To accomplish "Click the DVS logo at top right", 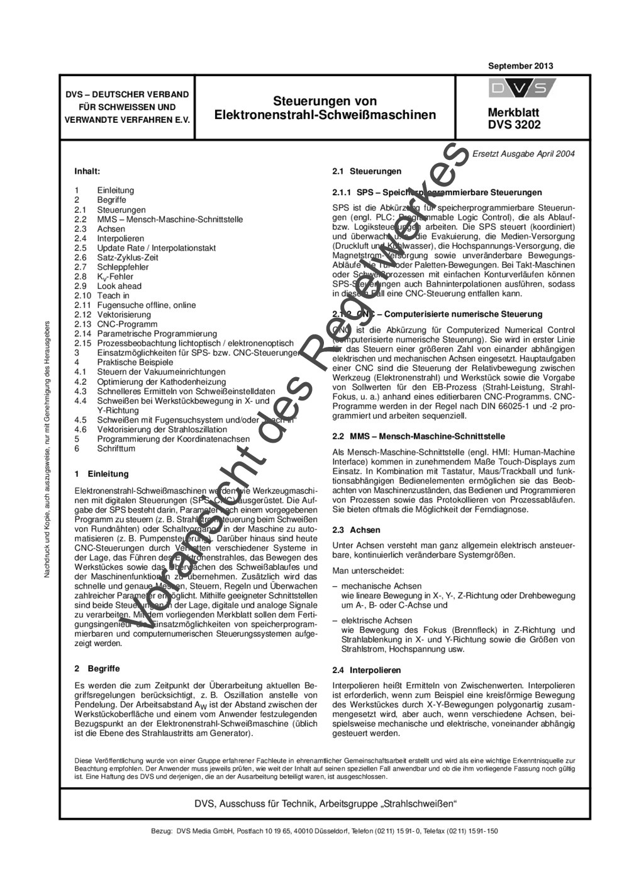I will (x=522, y=88).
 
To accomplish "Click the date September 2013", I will (x=520, y=66).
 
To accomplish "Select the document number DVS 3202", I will (x=514, y=125).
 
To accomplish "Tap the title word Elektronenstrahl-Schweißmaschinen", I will (x=325, y=115).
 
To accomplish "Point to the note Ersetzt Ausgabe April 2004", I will (x=523, y=154).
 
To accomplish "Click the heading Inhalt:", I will (x=87, y=171).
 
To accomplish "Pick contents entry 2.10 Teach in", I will (x=102, y=295).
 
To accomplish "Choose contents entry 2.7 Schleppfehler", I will (x=111, y=267).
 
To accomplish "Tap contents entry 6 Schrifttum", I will (x=104, y=448).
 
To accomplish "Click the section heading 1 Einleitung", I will (x=101, y=474).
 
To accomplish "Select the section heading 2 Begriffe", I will (x=97, y=668).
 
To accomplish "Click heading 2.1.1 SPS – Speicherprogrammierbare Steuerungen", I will (x=437, y=192).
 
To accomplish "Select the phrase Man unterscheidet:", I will (x=368, y=570).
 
